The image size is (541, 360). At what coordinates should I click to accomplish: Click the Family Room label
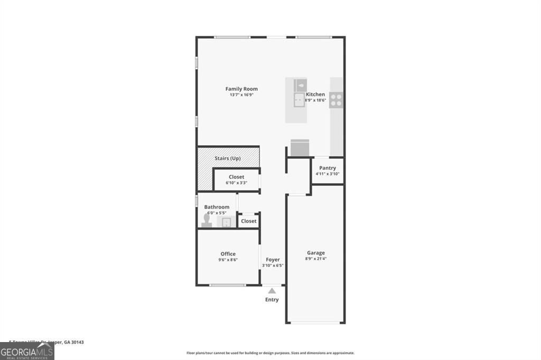[x=241, y=89]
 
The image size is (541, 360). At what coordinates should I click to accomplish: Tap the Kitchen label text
[x=315, y=94]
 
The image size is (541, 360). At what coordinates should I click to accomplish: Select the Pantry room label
[x=328, y=168]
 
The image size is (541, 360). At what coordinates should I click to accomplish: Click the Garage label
[x=315, y=253]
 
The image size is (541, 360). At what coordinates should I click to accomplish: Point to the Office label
[x=228, y=254]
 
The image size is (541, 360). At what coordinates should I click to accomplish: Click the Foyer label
[x=273, y=260]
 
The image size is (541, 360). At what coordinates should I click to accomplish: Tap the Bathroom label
[x=217, y=207]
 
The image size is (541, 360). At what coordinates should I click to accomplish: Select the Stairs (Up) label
[x=228, y=158]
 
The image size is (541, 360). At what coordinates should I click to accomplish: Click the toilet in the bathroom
[x=207, y=220]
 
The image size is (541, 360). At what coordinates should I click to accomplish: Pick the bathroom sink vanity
[x=227, y=222]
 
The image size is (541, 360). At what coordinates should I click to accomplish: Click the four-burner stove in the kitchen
[x=336, y=100]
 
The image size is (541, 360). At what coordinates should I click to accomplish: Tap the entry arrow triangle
[x=272, y=290]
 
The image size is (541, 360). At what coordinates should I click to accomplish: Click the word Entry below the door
[x=272, y=300]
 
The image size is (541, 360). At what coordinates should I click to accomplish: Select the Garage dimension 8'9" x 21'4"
[x=315, y=259]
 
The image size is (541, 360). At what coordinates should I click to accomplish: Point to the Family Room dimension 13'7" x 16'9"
[x=241, y=95]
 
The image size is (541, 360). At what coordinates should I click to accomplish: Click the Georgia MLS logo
[x=27, y=351]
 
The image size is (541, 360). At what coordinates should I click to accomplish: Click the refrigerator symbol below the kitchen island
[x=300, y=147]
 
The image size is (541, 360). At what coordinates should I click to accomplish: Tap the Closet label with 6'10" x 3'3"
[x=236, y=177]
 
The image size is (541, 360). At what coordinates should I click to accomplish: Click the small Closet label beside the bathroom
[x=248, y=221]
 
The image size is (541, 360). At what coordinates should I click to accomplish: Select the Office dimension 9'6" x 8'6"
[x=228, y=260]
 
